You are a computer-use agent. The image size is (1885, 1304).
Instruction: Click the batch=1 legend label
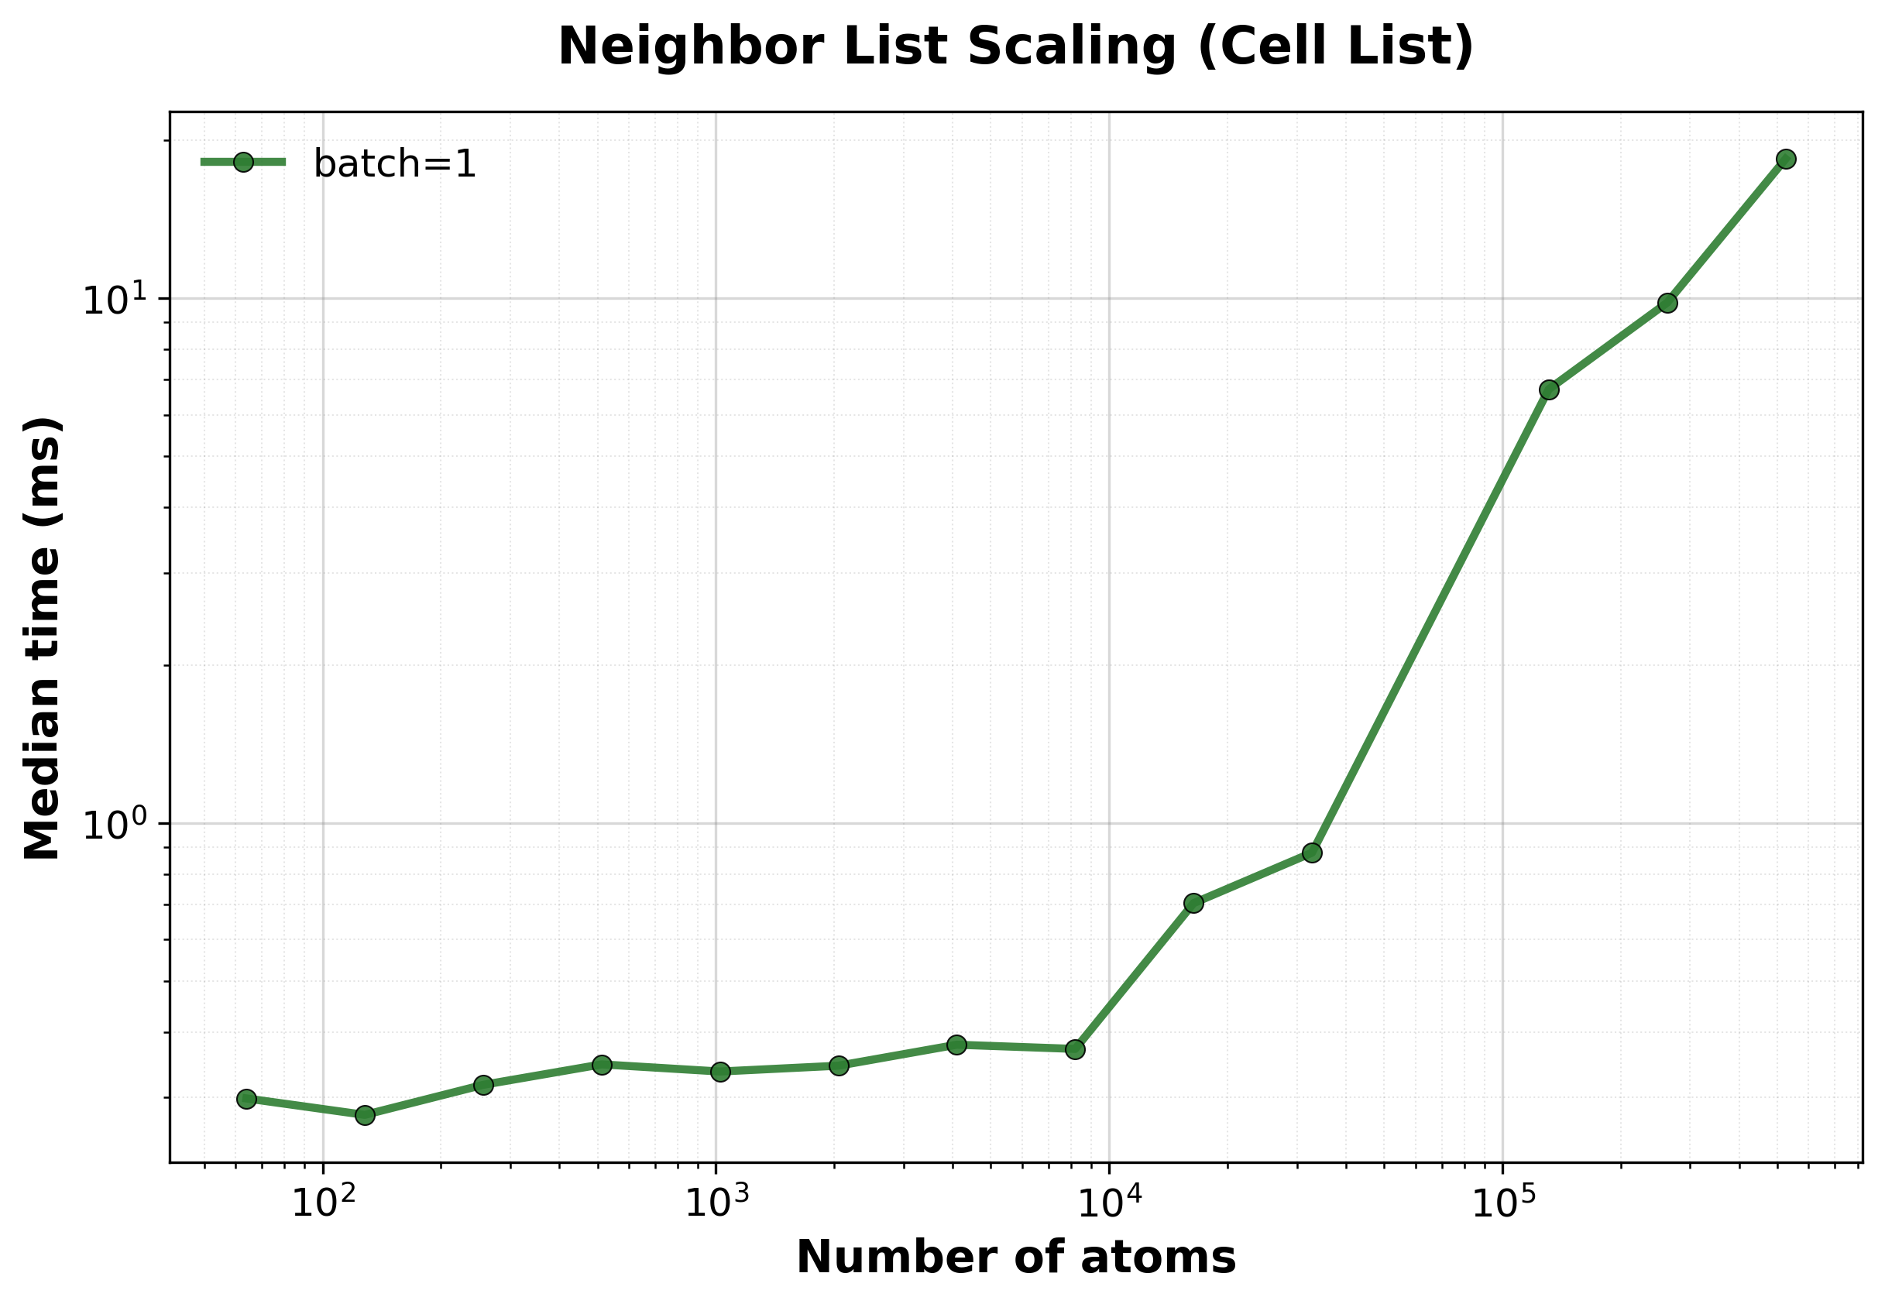click(x=395, y=164)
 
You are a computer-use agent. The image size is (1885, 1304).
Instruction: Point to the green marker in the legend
click(x=243, y=162)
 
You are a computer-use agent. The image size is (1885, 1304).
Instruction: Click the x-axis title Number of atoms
click(x=1015, y=1258)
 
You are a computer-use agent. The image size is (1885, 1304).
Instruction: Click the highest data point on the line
click(x=1786, y=159)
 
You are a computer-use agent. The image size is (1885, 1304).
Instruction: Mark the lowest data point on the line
click(x=366, y=1115)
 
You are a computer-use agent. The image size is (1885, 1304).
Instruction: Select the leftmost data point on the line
click(x=247, y=1099)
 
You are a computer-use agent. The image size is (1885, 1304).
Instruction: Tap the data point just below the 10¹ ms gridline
click(x=1667, y=303)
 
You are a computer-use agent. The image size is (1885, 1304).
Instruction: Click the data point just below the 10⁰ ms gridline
click(x=1312, y=853)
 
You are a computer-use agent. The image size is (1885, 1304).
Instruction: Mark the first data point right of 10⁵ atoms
click(x=1549, y=389)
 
